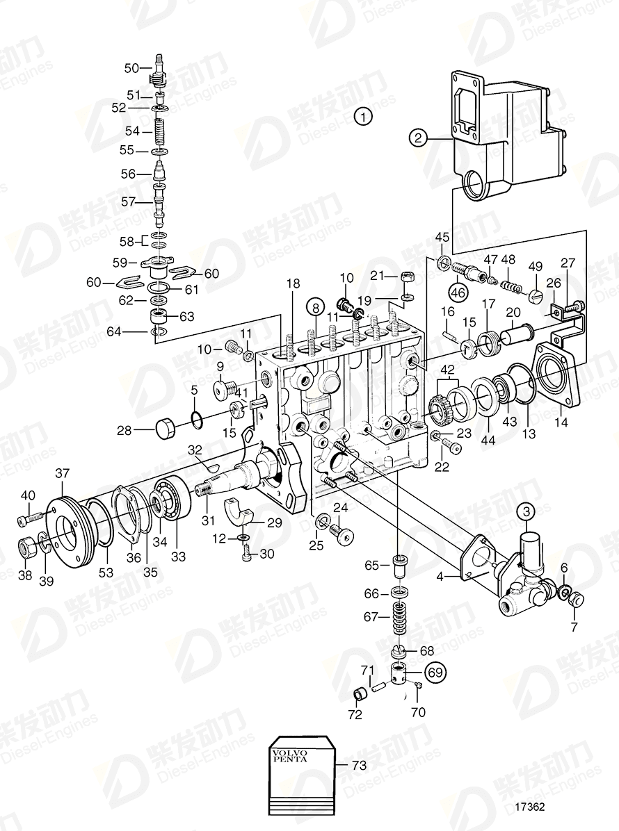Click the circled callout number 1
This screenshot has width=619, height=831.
pos(362,116)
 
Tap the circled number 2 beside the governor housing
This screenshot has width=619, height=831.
pos(417,138)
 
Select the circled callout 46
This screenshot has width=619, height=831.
pos(458,291)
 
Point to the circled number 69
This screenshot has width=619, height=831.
pos(433,673)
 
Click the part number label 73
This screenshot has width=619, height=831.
pos(359,766)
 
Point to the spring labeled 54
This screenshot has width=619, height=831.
pos(161,131)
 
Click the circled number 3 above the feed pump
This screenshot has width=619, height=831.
pos(526,512)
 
